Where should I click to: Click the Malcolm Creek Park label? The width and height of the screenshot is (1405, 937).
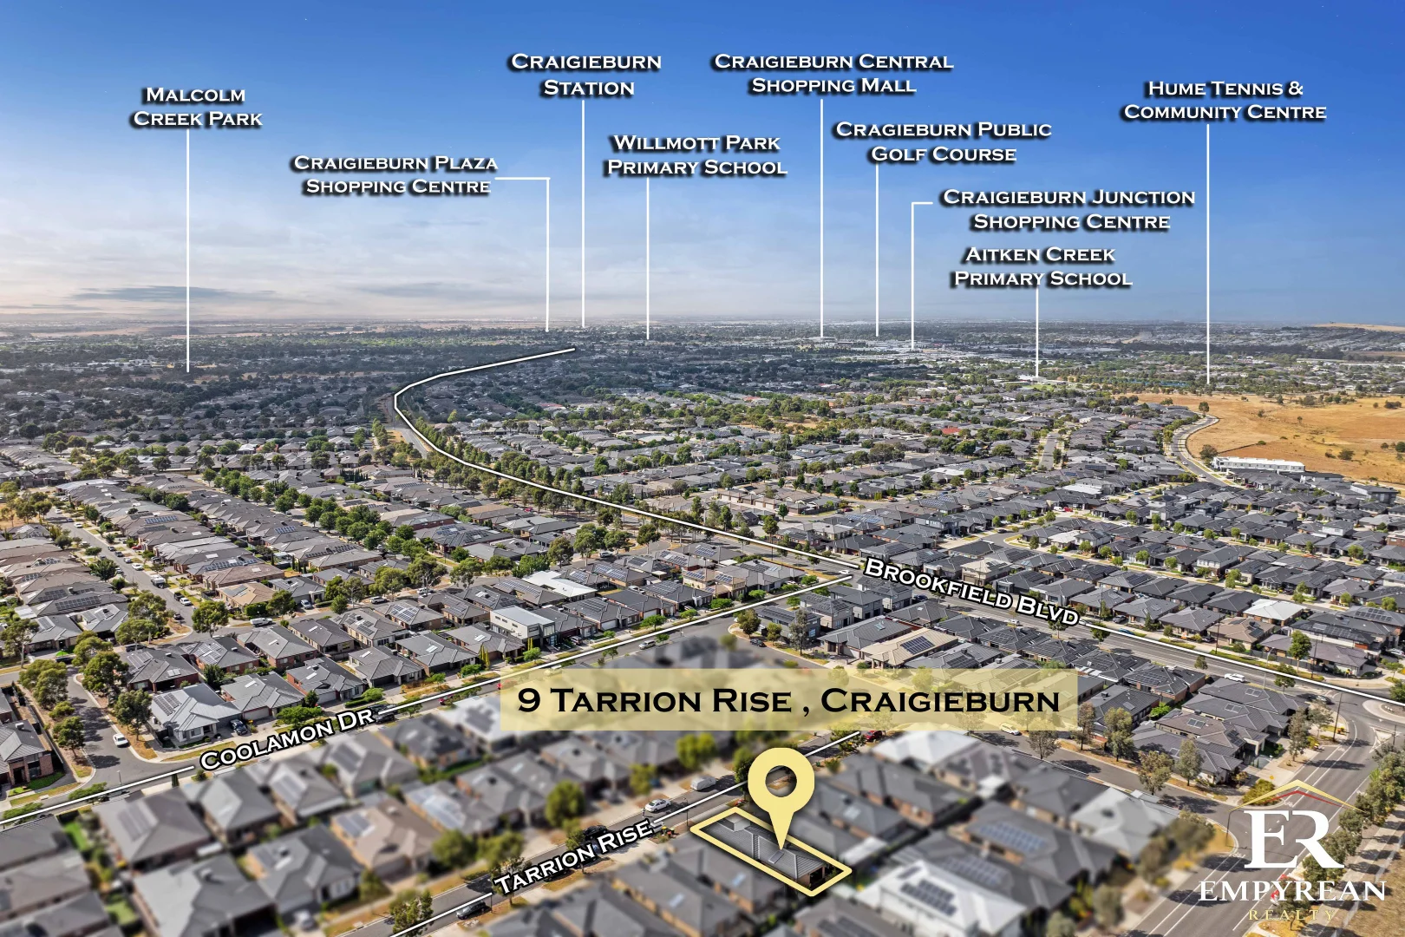point(198,107)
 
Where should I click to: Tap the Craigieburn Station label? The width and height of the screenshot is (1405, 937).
point(586,75)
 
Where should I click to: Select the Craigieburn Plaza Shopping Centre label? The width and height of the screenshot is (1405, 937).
point(396,174)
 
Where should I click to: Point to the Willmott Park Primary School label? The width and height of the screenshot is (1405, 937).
point(696,155)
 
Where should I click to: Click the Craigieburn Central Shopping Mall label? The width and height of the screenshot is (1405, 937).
point(833,74)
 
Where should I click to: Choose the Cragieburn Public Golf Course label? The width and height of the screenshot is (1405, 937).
point(944,142)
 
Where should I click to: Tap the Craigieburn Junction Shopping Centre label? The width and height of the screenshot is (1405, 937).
point(1069,210)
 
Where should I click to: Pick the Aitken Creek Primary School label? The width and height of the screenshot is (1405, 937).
point(1042,266)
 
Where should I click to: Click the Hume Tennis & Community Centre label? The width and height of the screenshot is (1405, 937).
point(1225,100)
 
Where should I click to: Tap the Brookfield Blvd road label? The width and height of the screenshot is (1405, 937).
point(972,592)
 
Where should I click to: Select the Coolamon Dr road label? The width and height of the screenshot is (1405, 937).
point(287,737)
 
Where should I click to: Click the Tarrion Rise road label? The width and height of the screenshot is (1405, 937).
point(574,855)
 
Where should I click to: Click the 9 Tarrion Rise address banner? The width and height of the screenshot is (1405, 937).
point(788,700)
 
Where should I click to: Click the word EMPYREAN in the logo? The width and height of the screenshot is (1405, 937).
point(1291,891)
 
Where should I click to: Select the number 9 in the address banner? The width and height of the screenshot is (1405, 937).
point(528,700)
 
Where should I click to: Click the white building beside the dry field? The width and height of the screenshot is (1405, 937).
point(1258,465)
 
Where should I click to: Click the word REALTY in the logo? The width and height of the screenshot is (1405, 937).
point(1291,914)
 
